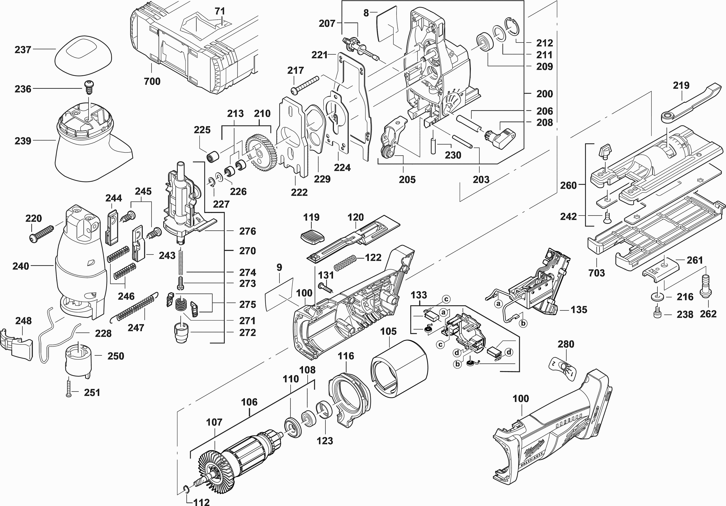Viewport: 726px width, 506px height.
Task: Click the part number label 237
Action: click(23, 50)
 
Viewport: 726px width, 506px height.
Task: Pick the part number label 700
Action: click(152, 81)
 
